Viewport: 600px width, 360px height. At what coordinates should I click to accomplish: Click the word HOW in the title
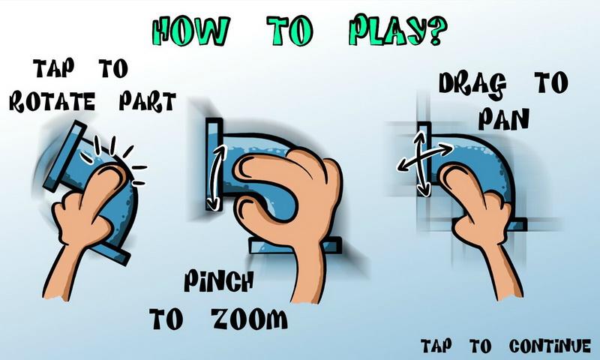pos(190,31)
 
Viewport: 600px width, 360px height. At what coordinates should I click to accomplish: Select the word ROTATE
pos(52,102)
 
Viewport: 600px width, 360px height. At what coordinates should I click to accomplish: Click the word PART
pos(147,102)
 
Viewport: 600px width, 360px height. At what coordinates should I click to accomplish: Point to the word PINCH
pos(218,281)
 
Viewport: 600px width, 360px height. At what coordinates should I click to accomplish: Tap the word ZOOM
pos(250,319)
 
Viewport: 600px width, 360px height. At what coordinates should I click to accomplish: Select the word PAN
pos(503,118)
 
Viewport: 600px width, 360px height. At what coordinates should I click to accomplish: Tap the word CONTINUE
pos(550,346)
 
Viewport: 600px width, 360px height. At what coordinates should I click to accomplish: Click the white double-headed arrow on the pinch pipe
pos(217,178)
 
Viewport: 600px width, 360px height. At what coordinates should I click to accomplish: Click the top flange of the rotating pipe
pos(65,156)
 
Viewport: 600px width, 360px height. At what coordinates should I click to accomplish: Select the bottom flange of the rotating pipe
pos(111,254)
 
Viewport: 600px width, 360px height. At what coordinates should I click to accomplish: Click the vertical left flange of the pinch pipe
pos(214,164)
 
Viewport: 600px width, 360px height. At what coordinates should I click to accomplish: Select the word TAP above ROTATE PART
pos(52,68)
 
